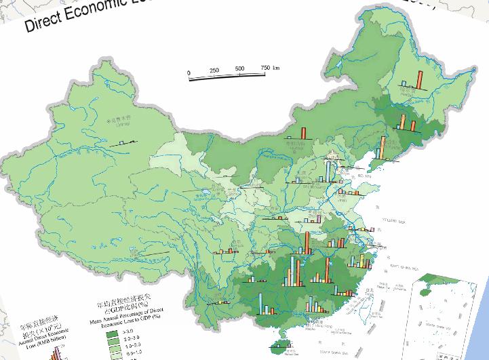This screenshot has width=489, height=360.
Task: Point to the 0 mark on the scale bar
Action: [x=189, y=71]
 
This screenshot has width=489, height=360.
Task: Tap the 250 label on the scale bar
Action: [x=214, y=71]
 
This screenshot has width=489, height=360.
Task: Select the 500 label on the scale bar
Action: [x=239, y=70]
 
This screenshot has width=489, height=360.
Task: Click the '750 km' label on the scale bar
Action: [x=269, y=69]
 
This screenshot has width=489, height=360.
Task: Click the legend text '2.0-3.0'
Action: [x=131, y=337]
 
